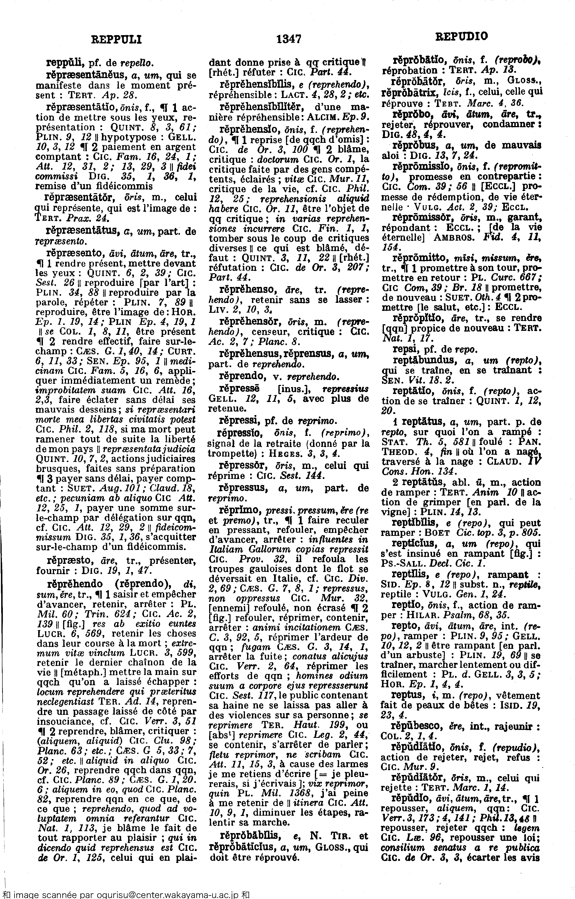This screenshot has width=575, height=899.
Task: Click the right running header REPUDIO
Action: (x=461, y=36)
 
